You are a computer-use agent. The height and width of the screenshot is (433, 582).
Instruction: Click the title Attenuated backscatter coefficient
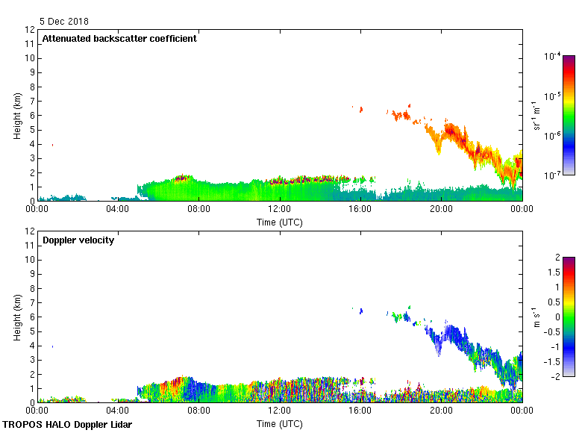119,39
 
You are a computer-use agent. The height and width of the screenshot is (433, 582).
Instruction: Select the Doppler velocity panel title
78,240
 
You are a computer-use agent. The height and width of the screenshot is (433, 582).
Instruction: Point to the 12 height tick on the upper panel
31,30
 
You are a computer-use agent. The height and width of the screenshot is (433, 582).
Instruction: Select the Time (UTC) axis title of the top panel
280,222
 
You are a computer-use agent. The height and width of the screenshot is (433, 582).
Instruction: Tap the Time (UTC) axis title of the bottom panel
280,423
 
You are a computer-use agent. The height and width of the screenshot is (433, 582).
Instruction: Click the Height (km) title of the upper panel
16,115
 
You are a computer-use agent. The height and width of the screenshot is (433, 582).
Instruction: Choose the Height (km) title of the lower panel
16,317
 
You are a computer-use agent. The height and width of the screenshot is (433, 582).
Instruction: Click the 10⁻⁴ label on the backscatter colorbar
553,56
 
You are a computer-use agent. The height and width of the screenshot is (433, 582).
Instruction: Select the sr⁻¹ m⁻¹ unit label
538,115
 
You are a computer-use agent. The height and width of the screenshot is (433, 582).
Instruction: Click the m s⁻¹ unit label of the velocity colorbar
538,317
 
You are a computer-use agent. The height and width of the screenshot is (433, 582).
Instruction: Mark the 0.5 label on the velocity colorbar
554,302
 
